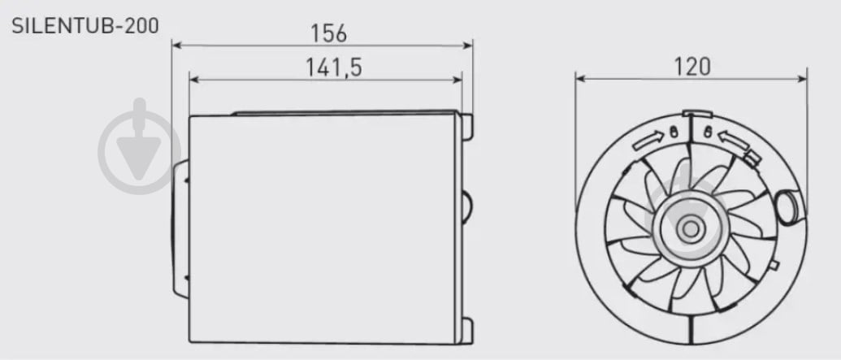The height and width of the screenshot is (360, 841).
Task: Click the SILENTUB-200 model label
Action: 85,26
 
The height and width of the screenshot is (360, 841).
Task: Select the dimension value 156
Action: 329,33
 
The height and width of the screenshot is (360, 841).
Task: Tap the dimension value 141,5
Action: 334,67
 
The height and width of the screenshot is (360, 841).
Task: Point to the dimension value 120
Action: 691,67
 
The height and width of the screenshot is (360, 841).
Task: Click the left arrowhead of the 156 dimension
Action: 178,46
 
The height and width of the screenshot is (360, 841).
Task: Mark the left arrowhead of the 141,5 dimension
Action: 195,80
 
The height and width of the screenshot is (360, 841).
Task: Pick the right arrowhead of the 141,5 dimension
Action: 455,80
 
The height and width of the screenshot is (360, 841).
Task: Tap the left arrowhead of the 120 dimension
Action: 582,79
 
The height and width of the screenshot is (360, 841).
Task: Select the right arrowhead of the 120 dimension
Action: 800,79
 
